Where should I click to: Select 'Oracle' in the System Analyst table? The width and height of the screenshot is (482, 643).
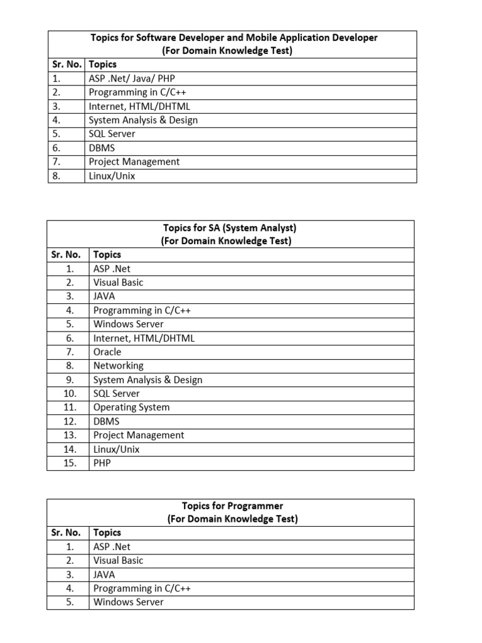(x=107, y=352)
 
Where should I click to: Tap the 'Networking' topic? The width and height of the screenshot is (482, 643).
(x=118, y=365)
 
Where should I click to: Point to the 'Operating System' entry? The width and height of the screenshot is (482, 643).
(x=131, y=407)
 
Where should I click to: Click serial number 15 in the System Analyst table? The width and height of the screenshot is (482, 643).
(x=70, y=463)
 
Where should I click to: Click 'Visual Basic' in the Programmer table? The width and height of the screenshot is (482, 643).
(x=118, y=560)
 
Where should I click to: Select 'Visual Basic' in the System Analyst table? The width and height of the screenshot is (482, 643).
(x=118, y=282)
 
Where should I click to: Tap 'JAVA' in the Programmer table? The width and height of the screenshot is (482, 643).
(x=104, y=574)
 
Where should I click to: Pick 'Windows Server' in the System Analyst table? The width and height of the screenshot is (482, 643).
(x=128, y=324)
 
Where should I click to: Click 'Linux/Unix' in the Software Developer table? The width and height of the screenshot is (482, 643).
(x=112, y=176)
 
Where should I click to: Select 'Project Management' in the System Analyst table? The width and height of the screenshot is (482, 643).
(x=139, y=435)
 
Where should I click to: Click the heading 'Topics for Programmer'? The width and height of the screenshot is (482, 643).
(x=232, y=505)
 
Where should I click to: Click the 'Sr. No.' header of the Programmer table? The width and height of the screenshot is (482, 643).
(x=66, y=532)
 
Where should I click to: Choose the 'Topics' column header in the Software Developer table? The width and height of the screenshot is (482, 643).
(x=102, y=64)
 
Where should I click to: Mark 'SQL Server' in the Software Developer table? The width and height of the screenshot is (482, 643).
(x=112, y=134)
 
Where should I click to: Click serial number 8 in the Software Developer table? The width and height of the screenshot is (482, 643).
(x=56, y=176)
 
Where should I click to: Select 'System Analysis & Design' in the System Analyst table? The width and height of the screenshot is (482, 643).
(x=147, y=380)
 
